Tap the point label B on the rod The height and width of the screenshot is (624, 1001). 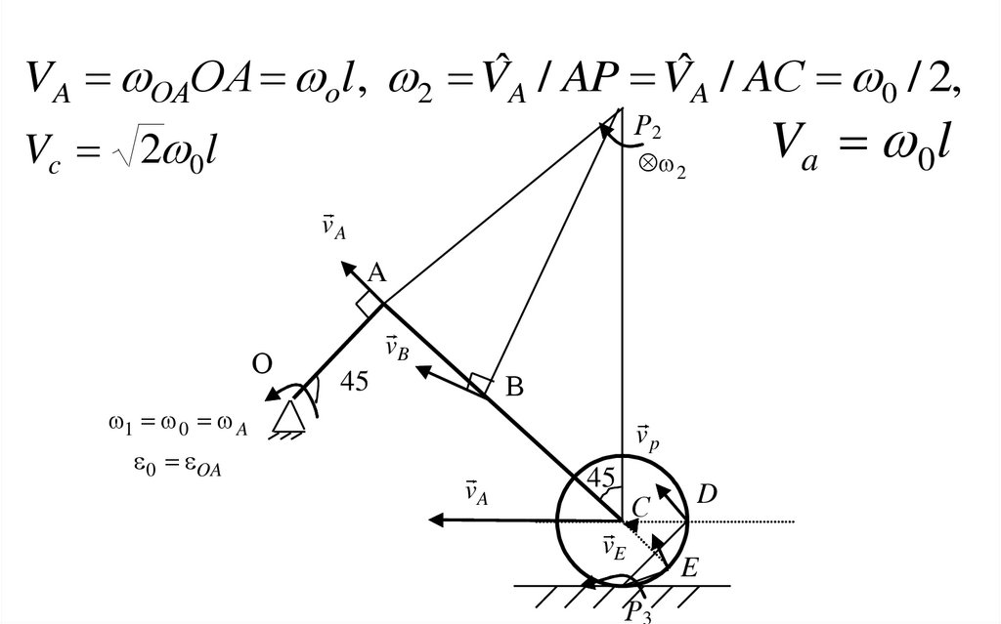(514, 388)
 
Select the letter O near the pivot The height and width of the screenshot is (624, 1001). (261, 364)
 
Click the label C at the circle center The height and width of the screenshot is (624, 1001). (640, 506)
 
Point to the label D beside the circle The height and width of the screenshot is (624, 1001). (707, 496)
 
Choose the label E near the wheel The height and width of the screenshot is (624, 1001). (690, 567)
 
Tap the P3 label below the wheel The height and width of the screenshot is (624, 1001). (639, 610)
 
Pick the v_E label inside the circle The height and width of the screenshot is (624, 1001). (615, 548)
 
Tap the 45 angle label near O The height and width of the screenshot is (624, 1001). (354, 382)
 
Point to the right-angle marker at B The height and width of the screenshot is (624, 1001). (478, 384)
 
